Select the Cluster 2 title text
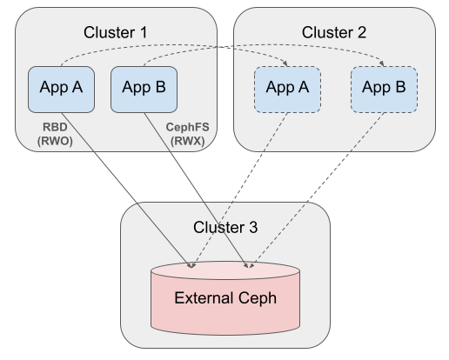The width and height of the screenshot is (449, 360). pos(335,32)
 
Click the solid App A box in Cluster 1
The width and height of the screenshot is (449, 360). pos(61,88)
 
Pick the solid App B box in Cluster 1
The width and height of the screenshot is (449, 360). pos(144,88)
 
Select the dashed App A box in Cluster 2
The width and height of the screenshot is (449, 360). pos(287,88)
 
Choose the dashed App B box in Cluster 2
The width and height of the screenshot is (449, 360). pos(383,88)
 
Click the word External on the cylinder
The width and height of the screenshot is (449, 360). pos(203,298)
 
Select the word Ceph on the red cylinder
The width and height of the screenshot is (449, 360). pos(258,298)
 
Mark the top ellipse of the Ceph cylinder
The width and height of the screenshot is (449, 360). pos(225,270)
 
